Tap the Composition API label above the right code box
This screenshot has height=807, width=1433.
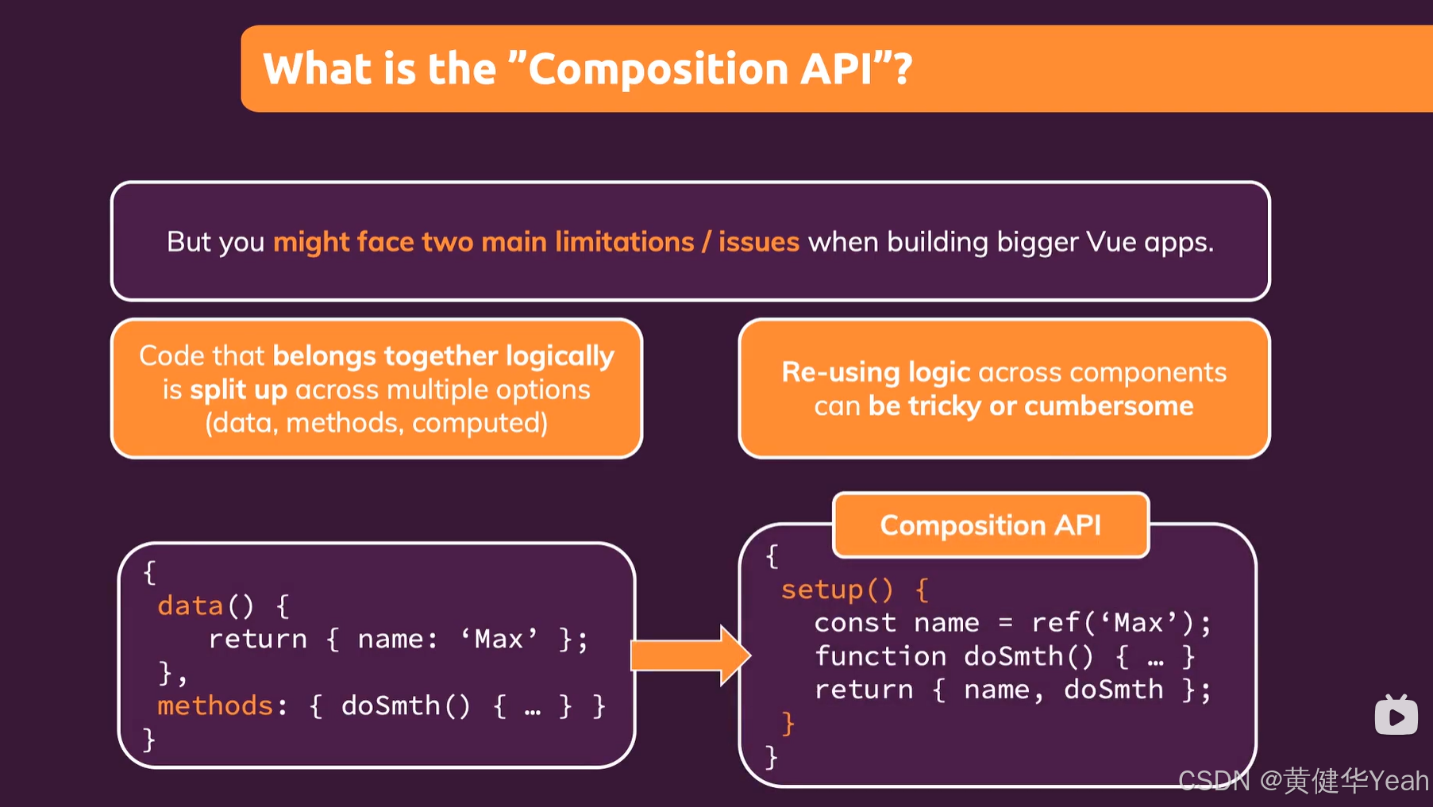tap(990, 525)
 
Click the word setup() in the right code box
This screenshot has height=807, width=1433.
tap(836, 590)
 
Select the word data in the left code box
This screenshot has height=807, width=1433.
tap(190, 606)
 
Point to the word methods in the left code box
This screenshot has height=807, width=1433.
tap(215, 705)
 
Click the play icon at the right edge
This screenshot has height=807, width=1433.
tap(1396, 717)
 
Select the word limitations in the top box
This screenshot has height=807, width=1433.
tap(624, 241)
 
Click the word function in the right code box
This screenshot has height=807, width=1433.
tap(880, 656)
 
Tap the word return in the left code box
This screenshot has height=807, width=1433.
tap(257, 640)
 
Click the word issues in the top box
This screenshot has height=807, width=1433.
tap(758, 241)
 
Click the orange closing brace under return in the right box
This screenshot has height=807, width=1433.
tap(788, 723)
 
